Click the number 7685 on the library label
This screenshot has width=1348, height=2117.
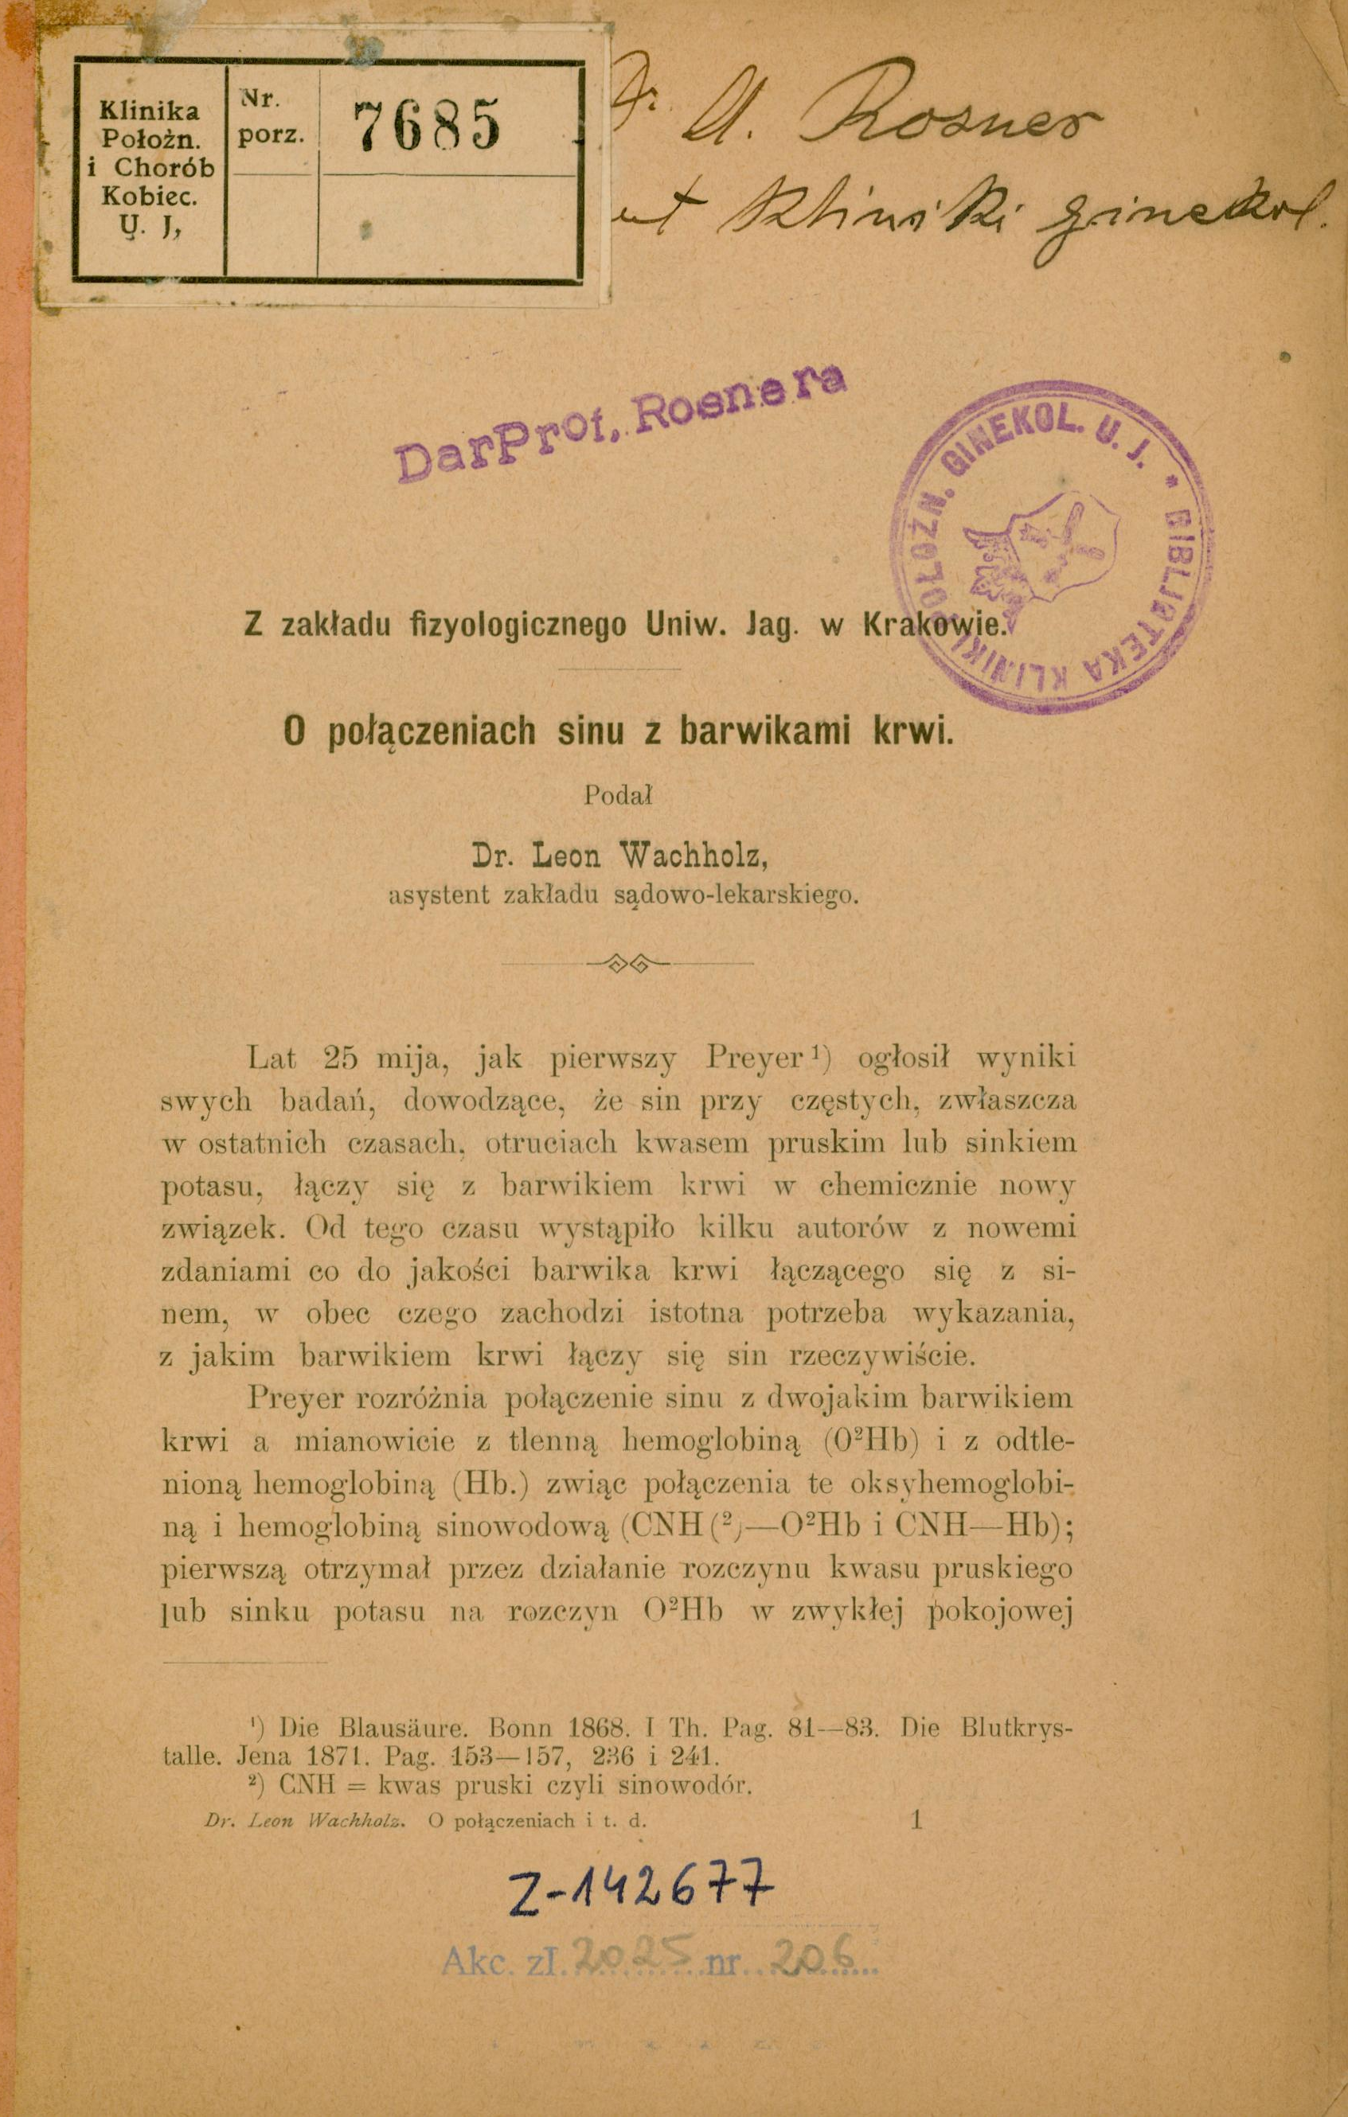(x=427, y=126)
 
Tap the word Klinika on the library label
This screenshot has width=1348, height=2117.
(x=150, y=110)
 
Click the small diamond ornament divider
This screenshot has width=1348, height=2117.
(x=626, y=963)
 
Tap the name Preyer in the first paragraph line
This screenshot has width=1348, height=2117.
(x=751, y=1058)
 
